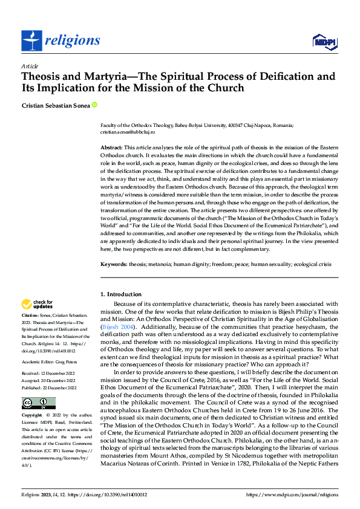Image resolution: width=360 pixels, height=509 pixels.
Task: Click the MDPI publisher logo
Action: [x=321, y=41]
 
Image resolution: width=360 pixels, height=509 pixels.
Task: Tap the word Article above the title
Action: [x=30, y=66]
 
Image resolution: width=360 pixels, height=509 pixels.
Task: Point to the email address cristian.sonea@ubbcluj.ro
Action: [x=128, y=131]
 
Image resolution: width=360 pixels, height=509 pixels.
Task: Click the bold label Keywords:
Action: [x=113, y=264]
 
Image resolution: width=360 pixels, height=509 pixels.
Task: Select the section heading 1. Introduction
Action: [x=120, y=294]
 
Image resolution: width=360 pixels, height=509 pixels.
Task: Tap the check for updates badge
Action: [x=37, y=304]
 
